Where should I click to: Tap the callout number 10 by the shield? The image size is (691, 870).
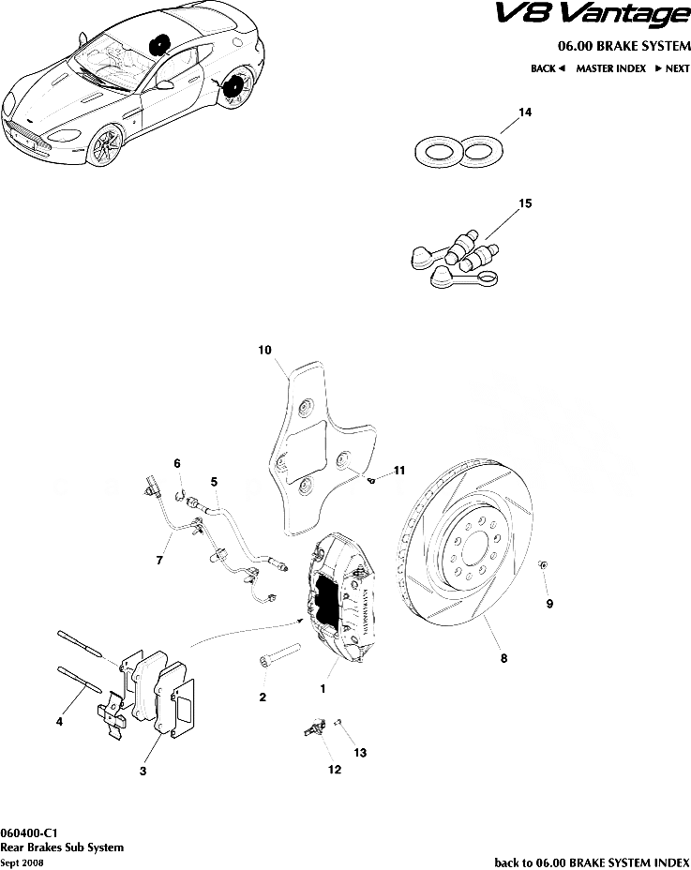pyautogui.click(x=264, y=351)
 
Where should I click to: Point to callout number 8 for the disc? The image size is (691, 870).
pyautogui.click(x=503, y=659)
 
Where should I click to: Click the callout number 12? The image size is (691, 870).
pyautogui.click(x=334, y=771)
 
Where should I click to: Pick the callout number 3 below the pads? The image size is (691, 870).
pyautogui.click(x=143, y=772)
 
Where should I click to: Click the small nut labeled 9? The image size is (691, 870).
pyautogui.click(x=543, y=565)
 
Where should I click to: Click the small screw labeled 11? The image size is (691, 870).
pyautogui.click(x=372, y=479)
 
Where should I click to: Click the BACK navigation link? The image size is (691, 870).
pyautogui.click(x=547, y=68)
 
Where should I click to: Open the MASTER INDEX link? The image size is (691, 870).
pyautogui.click(x=610, y=68)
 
